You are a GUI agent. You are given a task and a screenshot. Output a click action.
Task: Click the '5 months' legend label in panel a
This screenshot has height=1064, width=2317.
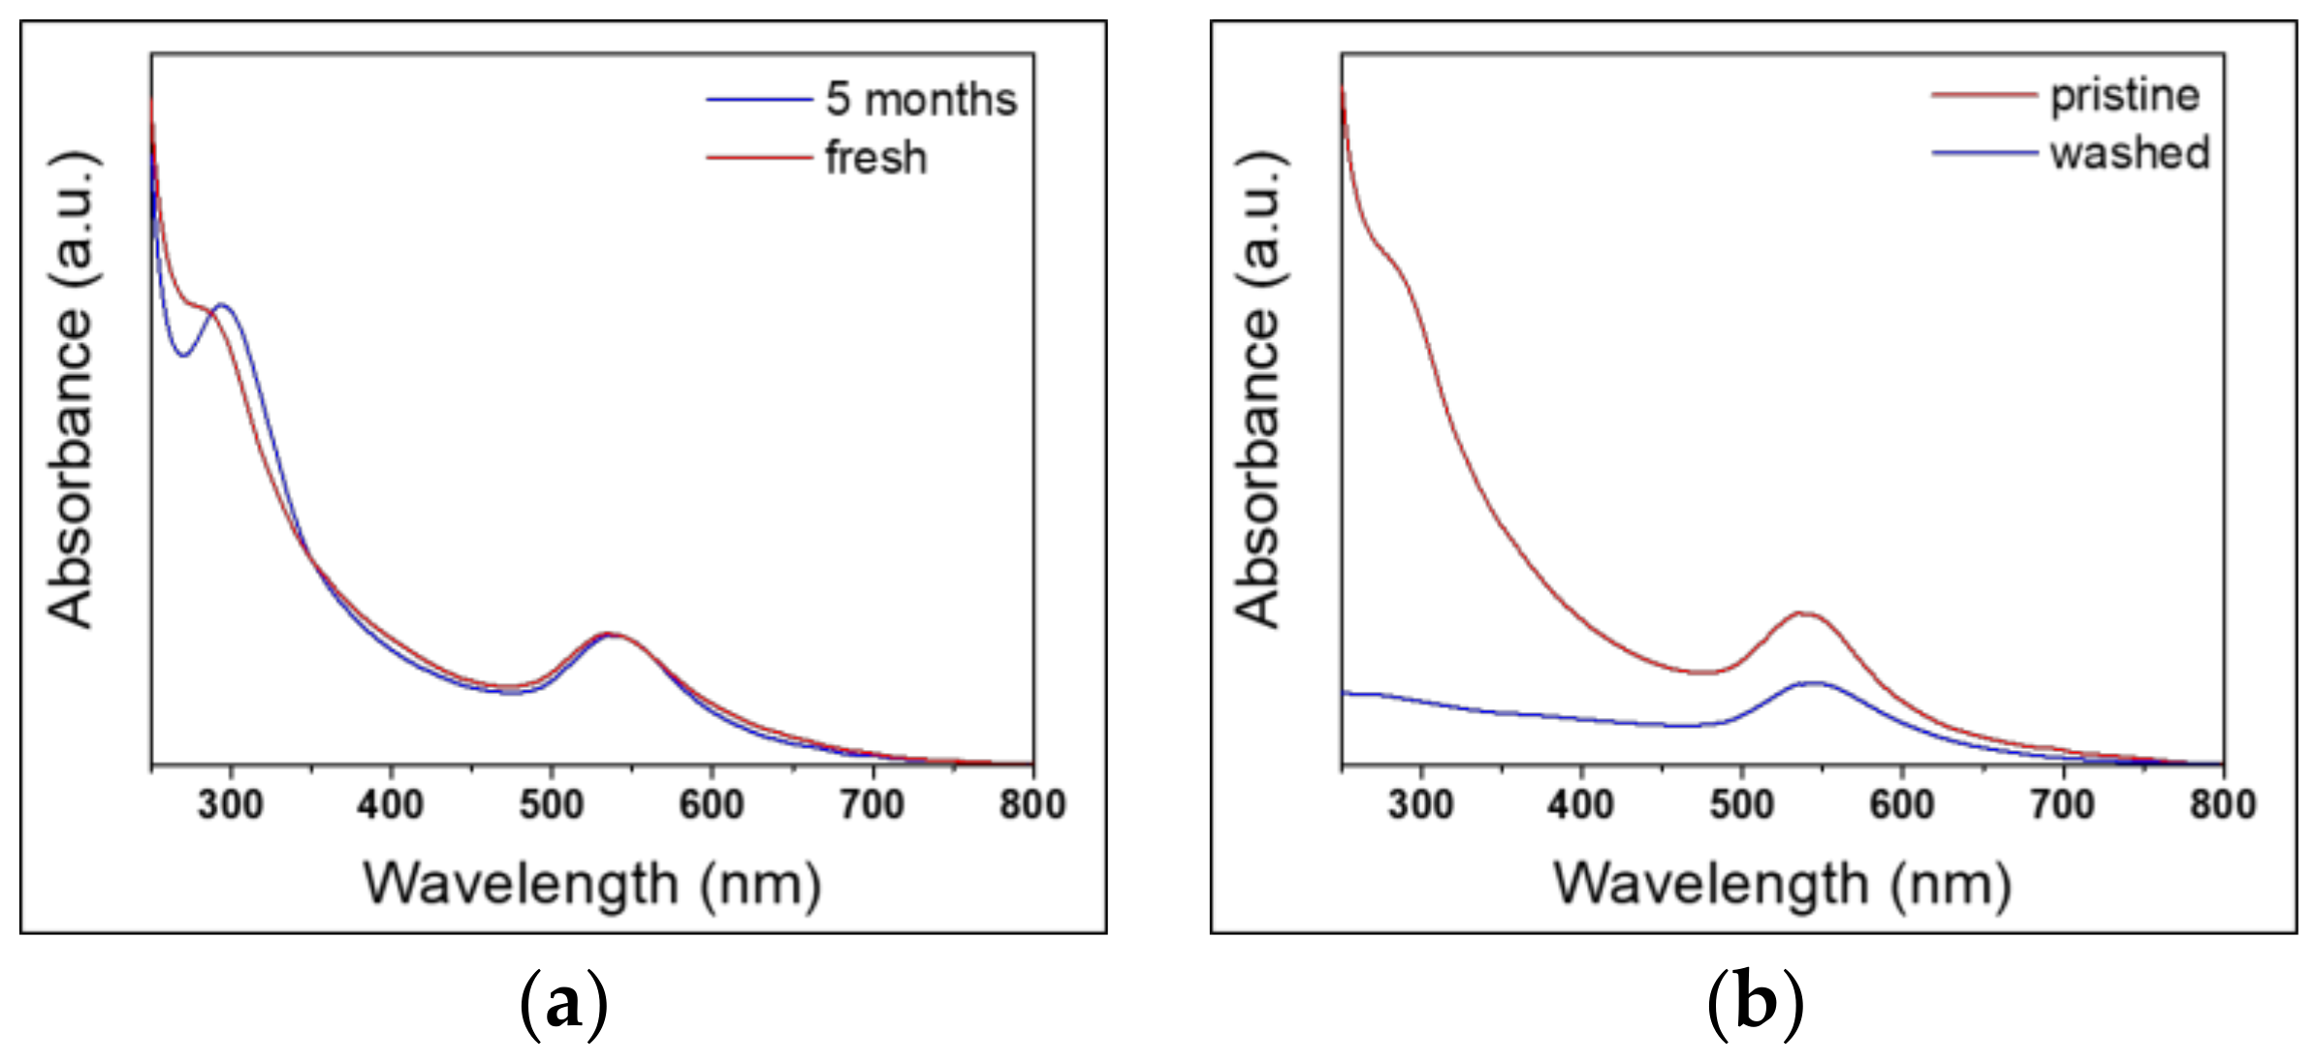920,100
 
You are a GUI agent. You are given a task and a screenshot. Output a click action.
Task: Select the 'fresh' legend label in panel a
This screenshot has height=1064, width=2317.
875,158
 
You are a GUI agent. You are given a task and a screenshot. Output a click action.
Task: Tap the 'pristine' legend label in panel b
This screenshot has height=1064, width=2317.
2124,96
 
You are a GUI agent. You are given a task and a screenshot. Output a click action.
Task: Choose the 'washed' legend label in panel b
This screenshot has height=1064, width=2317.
2129,153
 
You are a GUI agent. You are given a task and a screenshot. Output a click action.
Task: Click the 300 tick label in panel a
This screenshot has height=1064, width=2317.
230,805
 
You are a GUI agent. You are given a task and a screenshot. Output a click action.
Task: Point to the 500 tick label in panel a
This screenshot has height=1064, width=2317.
551,805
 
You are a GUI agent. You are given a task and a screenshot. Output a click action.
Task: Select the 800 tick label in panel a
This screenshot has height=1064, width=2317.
1032,805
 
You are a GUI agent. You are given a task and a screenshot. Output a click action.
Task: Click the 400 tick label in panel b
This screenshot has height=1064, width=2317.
1580,805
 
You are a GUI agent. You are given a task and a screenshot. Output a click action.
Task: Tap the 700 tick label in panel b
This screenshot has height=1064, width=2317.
2062,805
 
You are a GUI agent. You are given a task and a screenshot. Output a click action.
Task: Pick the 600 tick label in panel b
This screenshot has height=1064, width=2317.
1901,805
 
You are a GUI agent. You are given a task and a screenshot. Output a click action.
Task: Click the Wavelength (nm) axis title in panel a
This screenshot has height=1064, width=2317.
592,885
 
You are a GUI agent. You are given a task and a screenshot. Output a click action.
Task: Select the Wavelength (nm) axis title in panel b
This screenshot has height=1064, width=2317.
1782,885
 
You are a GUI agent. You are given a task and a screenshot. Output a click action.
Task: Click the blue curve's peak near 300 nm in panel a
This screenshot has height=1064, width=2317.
223,305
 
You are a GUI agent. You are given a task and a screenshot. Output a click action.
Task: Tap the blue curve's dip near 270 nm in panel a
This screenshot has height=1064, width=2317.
183,356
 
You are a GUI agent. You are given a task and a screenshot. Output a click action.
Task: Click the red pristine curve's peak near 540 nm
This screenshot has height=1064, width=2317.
1801,612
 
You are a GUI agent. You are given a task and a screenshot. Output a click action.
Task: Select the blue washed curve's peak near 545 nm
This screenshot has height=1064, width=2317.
1813,682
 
